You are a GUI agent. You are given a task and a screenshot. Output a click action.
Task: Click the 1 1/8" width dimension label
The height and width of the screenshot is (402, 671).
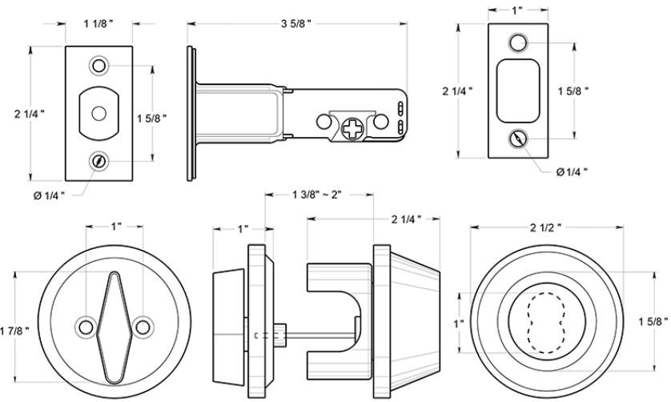[x=99, y=24]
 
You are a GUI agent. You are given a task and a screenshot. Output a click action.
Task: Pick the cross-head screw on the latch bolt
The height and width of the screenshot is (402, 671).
[x=352, y=127]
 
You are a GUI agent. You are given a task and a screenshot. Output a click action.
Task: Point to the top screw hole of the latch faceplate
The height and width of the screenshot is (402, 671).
[x=99, y=62]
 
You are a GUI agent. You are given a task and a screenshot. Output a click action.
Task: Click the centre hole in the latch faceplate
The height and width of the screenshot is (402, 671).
[x=99, y=113]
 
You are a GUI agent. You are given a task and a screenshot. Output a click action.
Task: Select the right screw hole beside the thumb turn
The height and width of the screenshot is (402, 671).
[x=144, y=326]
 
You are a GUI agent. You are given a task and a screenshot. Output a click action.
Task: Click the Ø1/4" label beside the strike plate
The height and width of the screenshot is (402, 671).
[x=571, y=171]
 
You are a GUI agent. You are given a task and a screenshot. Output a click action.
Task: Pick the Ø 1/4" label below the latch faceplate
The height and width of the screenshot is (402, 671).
[x=50, y=194]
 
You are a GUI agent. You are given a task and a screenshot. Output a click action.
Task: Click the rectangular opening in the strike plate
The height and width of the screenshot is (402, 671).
[x=519, y=90]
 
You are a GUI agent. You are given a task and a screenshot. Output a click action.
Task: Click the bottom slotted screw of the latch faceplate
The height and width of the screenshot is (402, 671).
[x=99, y=161]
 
